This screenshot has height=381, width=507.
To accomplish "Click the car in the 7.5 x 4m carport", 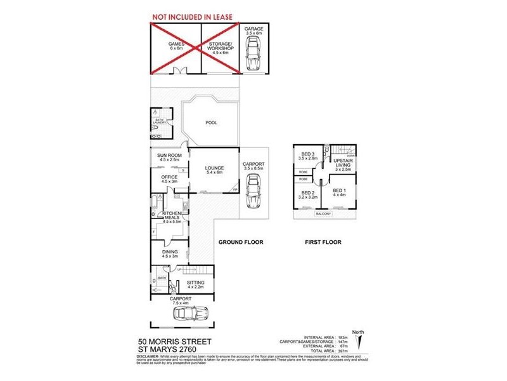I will (x=188, y=314).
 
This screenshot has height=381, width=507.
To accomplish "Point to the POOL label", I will (x=212, y=123).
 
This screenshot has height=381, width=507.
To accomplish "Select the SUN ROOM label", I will (x=169, y=156).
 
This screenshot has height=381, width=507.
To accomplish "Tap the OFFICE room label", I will (x=169, y=177).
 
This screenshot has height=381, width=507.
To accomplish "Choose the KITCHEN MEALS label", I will (x=172, y=217).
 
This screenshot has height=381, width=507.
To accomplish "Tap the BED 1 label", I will (x=340, y=190).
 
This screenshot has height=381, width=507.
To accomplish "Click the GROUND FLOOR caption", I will (x=240, y=242).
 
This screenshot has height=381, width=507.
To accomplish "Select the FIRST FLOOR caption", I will (x=323, y=242).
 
